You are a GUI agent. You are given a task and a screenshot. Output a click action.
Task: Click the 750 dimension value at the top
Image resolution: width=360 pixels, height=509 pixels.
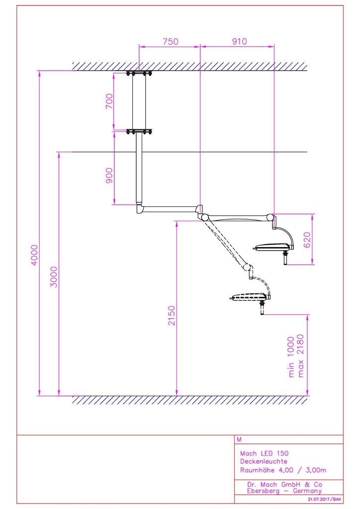coord(170,42)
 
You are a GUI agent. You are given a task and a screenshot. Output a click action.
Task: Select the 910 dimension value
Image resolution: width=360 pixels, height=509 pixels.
coord(239,42)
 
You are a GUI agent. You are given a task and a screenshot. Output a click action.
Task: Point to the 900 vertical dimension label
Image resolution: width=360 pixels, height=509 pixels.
coord(109,175)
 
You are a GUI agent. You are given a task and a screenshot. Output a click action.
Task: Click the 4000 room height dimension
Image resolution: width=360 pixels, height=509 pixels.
coord(33,254)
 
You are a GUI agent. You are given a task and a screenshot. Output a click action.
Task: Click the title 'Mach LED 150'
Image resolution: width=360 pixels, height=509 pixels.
coord(264,453)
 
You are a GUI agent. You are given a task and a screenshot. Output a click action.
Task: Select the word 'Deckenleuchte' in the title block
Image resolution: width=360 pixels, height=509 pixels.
coord(264,461)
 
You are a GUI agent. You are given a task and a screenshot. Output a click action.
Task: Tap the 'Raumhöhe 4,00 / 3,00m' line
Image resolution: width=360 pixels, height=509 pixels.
coord(283,470)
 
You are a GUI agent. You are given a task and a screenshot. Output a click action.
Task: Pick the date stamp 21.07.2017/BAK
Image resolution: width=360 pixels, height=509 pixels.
coord(324,499)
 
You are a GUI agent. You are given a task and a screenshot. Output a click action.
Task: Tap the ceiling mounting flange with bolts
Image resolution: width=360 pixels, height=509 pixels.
coord(139,74)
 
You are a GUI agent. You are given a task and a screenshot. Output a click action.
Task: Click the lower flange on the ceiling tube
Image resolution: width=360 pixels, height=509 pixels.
coord(139,132)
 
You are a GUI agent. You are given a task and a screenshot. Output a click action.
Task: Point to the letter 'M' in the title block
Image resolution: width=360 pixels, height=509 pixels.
coord(240,439)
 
